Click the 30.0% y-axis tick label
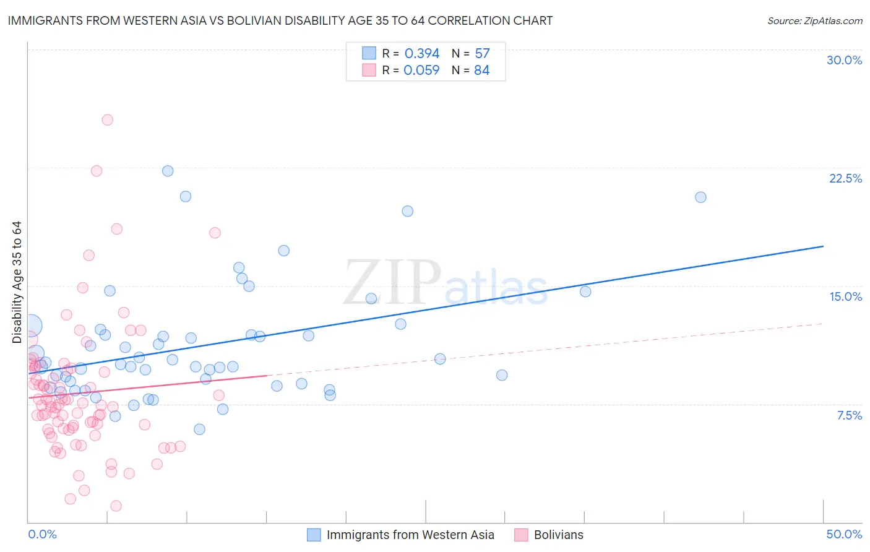(x=844, y=60)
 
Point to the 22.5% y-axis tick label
(x=845, y=178)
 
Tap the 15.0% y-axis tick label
(x=845, y=296)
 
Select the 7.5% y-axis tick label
(x=849, y=415)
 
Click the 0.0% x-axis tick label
(x=42, y=534)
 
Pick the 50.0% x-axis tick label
(x=844, y=534)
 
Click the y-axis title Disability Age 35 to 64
(x=17, y=282)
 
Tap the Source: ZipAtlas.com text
(x=814, y=21)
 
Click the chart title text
(x=280, y=20)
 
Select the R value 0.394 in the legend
(x=421, y=54)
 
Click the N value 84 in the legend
(x=481, y=71)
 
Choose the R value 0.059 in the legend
(x=421, y=71)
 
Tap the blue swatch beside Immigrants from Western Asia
(x=314, y=535)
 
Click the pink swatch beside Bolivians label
(x=521, y=535)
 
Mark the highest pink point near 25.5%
(x=107, y=120)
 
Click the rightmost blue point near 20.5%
(x=700, y=197)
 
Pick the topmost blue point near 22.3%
(x=168, y=171)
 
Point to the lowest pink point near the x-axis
(x=116, y=506)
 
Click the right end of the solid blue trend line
(x=823, y=246)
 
